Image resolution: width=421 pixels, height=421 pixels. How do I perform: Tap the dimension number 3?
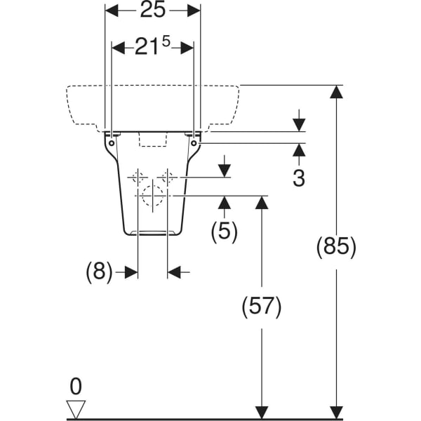[x=300, y=178]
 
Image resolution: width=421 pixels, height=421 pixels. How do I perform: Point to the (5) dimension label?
[x=225, y=231]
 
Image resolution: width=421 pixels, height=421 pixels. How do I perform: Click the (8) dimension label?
[x=100, y=272]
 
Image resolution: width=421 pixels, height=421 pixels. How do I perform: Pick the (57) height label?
[x=262, y=307]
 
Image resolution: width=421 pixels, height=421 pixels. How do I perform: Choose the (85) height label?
[x=338, y=246]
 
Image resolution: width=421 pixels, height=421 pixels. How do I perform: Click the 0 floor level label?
[x=76, y=386]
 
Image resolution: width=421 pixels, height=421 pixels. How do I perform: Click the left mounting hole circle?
[x=110, y=142]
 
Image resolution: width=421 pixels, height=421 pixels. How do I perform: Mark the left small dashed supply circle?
[x=138, y=177]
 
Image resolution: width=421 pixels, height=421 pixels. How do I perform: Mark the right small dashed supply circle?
[x=167, y=177]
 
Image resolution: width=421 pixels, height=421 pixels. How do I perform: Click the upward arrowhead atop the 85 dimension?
[x=338, y=92]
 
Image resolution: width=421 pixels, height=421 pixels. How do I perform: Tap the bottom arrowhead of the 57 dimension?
[x=262, y=413]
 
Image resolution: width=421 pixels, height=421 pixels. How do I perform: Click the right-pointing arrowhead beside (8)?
[x=131, y=272]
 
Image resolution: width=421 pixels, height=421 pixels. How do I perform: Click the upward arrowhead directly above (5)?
[x=225, y=203]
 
